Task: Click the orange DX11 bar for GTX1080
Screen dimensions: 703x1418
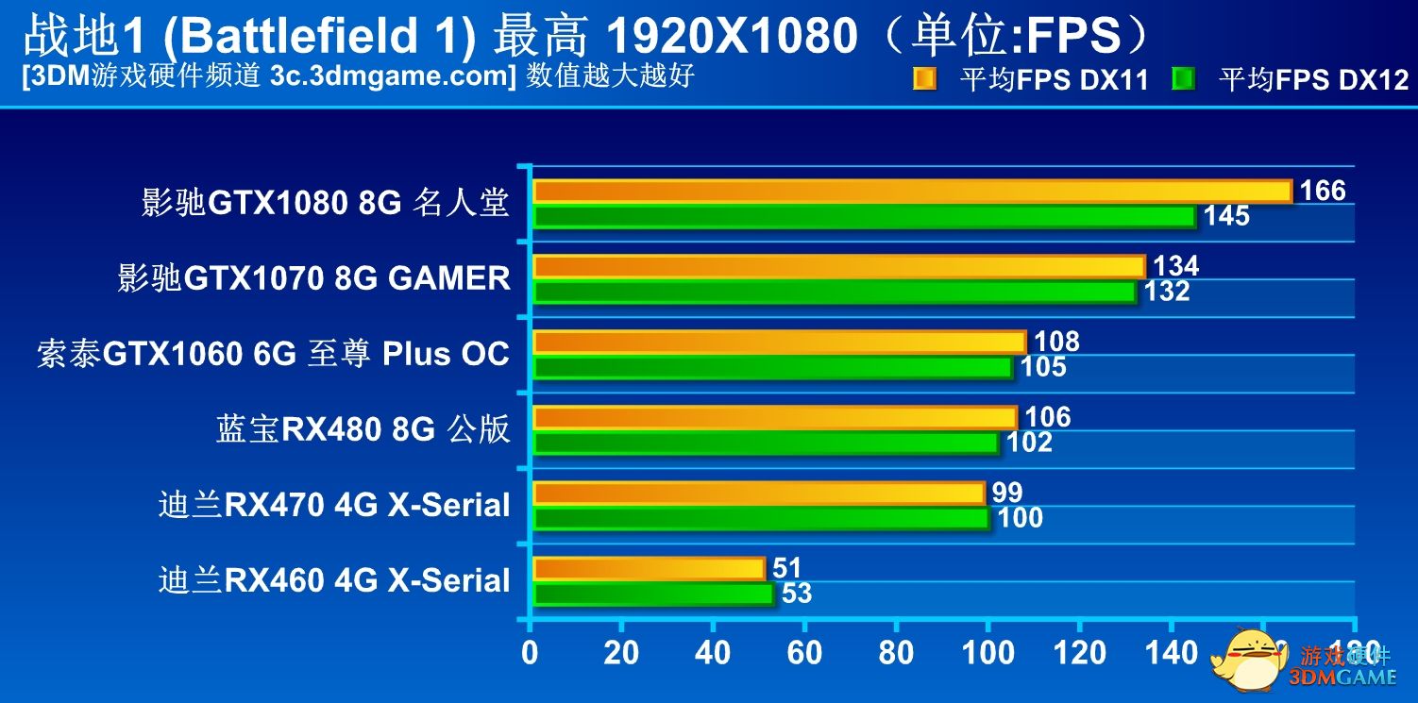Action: pyautogui.click(x=912, y=192)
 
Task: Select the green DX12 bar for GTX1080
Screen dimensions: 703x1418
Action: pyautogui.click(x=864, y=217)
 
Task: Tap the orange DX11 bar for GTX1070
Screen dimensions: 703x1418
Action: pyautogui.click(x=838, y=267)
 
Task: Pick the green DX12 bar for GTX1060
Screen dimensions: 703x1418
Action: pyautogui.click(x=772, y=367)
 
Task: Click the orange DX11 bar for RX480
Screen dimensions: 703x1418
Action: pyautogui.click(x=774, y=418)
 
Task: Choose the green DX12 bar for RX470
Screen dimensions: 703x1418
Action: pyautogui.click(x=760, y=518)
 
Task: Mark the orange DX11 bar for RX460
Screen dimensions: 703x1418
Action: pyautogui.click(x=649, y=569)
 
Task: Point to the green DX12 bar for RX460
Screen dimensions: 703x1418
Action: pyautogui.click(x=652, y=594)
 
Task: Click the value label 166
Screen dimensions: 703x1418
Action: pyautogui.click(x=1322, y=192)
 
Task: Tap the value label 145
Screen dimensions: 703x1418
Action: pyautogui.click(x=1225, y=216)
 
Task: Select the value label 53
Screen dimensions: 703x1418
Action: pyautogui.click(x=797, y=594)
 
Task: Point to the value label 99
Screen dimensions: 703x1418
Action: pyautogui.click(x=1007, y=493)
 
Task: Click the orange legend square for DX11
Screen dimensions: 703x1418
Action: pyautogui.click(x=924, y=79)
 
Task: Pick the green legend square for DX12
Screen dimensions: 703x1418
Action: pyautogui.click(x=1183, y=79)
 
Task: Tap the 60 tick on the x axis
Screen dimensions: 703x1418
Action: pyautogui.click(x=803, y=652)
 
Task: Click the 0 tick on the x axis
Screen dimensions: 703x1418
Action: pyautogui.click(x=531, y=652)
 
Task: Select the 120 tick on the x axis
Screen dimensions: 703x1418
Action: pyautogui.click(x=1080, y=652)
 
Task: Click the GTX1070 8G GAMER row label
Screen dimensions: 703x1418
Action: pyautogui.click(x=314, y=278)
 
